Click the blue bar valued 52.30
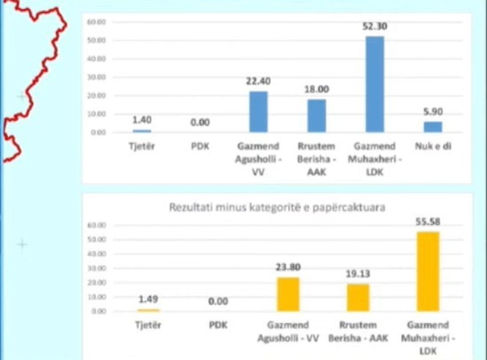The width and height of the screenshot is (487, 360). (375, 84)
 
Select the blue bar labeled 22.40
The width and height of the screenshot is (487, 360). (258, 112)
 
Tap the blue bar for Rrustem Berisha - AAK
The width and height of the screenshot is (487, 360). (317, 116)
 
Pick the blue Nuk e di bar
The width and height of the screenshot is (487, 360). (433, 127)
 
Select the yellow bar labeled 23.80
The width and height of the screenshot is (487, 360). (288, 294)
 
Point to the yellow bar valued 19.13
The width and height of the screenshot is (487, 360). (358, 297)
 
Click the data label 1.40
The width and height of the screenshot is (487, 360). (142, 120)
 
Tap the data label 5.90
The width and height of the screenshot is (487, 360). (433, 112)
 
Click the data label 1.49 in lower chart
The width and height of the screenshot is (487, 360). (148, 299)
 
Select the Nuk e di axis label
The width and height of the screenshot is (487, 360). (433, 146)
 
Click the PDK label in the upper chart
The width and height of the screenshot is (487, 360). (200, 146)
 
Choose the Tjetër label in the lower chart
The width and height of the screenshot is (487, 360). (148, 325)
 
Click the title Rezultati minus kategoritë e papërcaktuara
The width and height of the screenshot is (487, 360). (277, 207)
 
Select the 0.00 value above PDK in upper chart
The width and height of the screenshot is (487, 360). (200, 122)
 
